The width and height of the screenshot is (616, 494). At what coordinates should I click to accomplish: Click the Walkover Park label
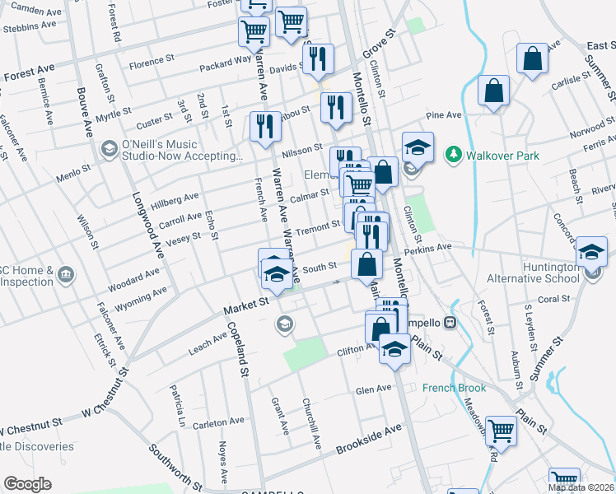(492, 154)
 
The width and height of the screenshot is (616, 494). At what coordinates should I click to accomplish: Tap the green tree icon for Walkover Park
(452, 154)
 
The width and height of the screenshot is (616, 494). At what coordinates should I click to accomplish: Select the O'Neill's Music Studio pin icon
(108, 149)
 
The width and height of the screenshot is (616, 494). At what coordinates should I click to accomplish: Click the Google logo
(27, 484)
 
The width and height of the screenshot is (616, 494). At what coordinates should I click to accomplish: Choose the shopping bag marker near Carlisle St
(533, 58)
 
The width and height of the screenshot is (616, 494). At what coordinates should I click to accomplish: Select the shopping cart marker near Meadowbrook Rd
(501, 430)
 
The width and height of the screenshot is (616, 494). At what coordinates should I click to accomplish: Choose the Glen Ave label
(374, 389)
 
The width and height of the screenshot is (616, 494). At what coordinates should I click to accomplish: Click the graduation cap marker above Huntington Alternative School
(590, 251)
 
